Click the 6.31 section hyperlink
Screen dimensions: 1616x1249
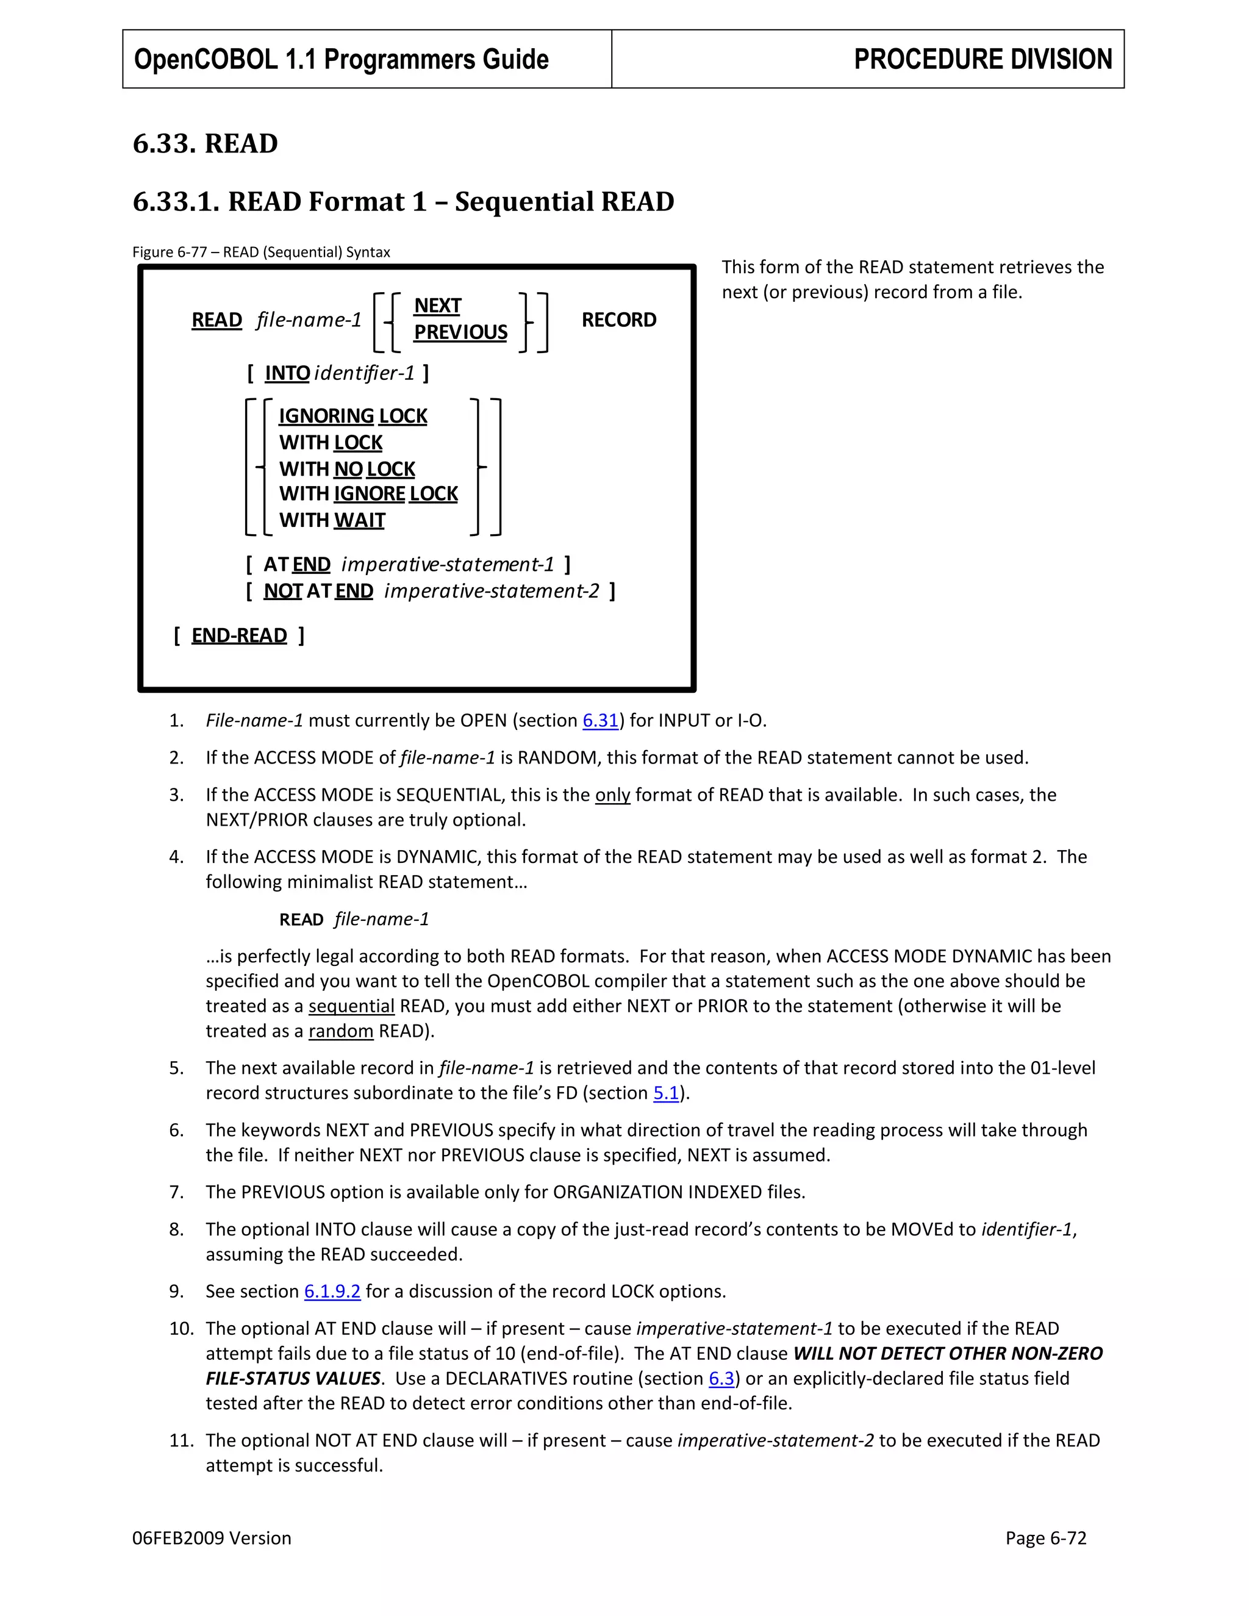coord(600,721)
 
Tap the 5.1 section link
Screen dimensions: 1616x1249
coord(666,1093)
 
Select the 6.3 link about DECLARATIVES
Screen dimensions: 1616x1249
coord(721,1379)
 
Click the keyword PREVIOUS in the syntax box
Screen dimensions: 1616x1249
coord(460,332)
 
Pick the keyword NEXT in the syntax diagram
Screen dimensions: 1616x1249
coord(437,306)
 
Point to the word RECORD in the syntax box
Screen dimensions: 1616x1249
coord(618,320)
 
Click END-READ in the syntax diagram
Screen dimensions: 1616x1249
coord(239,635)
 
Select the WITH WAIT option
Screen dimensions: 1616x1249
coord(332,520)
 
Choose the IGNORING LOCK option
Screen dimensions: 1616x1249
coord(353,416)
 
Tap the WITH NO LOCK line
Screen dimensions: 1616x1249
coord(347,469)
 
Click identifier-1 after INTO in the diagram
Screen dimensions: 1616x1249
coord(364,373)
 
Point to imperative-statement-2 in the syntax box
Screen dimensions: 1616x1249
coord(492,591)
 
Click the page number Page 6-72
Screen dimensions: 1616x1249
coord(1045,1539)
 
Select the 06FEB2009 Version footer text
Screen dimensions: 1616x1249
coord(212,1539)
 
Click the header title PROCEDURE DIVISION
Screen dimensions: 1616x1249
coord(982,59)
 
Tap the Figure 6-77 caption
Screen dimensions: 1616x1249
coord(261,252)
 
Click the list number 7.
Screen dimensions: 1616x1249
coord(176,1192)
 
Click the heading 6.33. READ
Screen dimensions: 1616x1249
coord(205,143)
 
